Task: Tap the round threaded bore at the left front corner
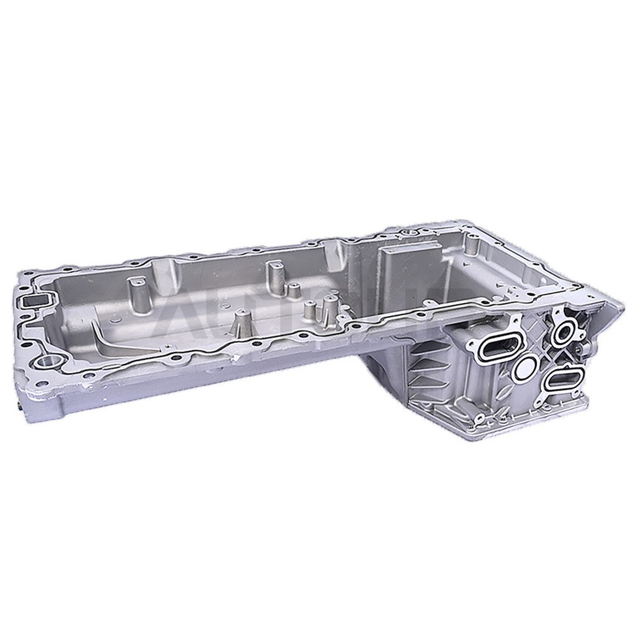46,361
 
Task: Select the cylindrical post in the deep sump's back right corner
472,251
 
